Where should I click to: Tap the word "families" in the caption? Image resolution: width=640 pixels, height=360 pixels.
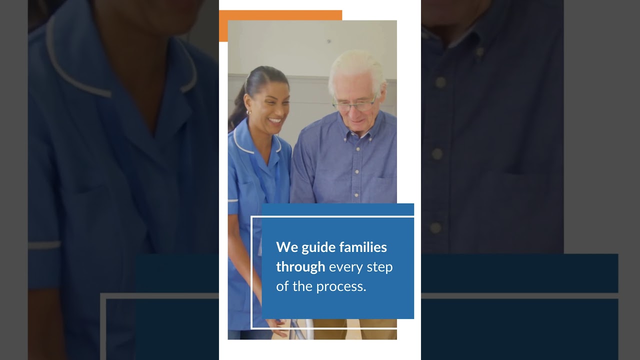point(363,247)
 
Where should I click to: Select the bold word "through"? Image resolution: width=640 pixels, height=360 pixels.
point(300,267)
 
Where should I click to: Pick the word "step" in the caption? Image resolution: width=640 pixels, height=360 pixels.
point(380,267)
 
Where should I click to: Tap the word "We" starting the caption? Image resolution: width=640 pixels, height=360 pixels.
point(287,247)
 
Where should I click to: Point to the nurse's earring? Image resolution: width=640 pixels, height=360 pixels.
point(248,112)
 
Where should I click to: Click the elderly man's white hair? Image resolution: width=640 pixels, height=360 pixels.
point(356,65)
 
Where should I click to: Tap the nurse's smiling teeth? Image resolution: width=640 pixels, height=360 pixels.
point(275,120)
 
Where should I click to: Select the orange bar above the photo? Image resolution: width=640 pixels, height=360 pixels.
point(280,15)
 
